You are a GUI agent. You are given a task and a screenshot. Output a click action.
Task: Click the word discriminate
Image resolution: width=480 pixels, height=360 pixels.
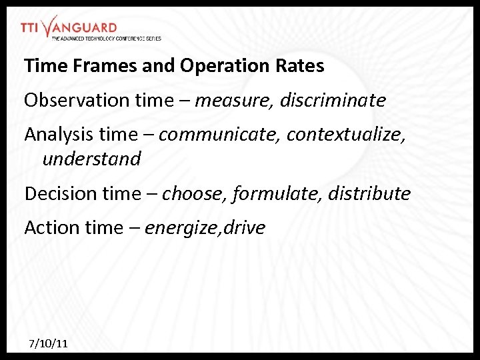[x=333, y=101]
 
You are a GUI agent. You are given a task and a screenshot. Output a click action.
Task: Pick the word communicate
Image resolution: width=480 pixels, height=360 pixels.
[x=220, y=135]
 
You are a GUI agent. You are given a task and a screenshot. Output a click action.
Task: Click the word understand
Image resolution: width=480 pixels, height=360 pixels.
[x=91, y=159]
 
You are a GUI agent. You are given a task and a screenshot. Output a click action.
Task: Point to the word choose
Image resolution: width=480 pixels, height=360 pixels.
[x=193, y=194]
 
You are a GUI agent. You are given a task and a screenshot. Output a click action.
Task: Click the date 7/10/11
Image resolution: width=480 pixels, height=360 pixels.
[x=48, y=344]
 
